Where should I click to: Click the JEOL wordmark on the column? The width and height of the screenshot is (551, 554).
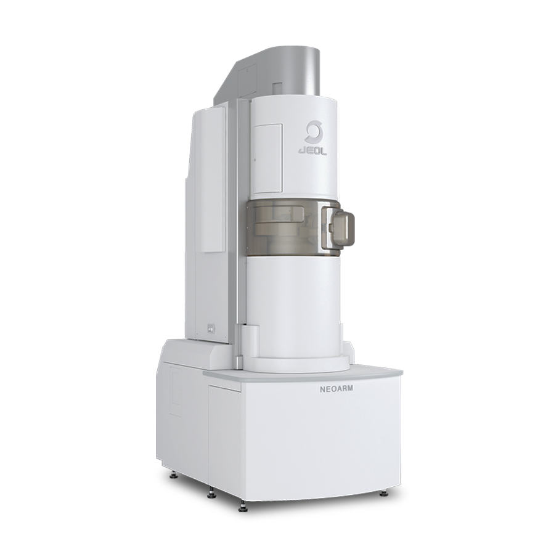pyautogui.click(x=313, y=151)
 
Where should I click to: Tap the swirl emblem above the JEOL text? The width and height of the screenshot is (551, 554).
pyautogui.click(x=312, y=132)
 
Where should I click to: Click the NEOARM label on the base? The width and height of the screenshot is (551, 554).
pyautogui.click(x=337, y=389)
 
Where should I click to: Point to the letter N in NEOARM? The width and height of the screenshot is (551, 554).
pyautogui.click(x=322, y=389)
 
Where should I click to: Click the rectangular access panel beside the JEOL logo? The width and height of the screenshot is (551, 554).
pyautogui.click(x=267, y=158)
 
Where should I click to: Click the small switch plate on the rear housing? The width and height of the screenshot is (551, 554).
pyautogui.click(x=211, y=328)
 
